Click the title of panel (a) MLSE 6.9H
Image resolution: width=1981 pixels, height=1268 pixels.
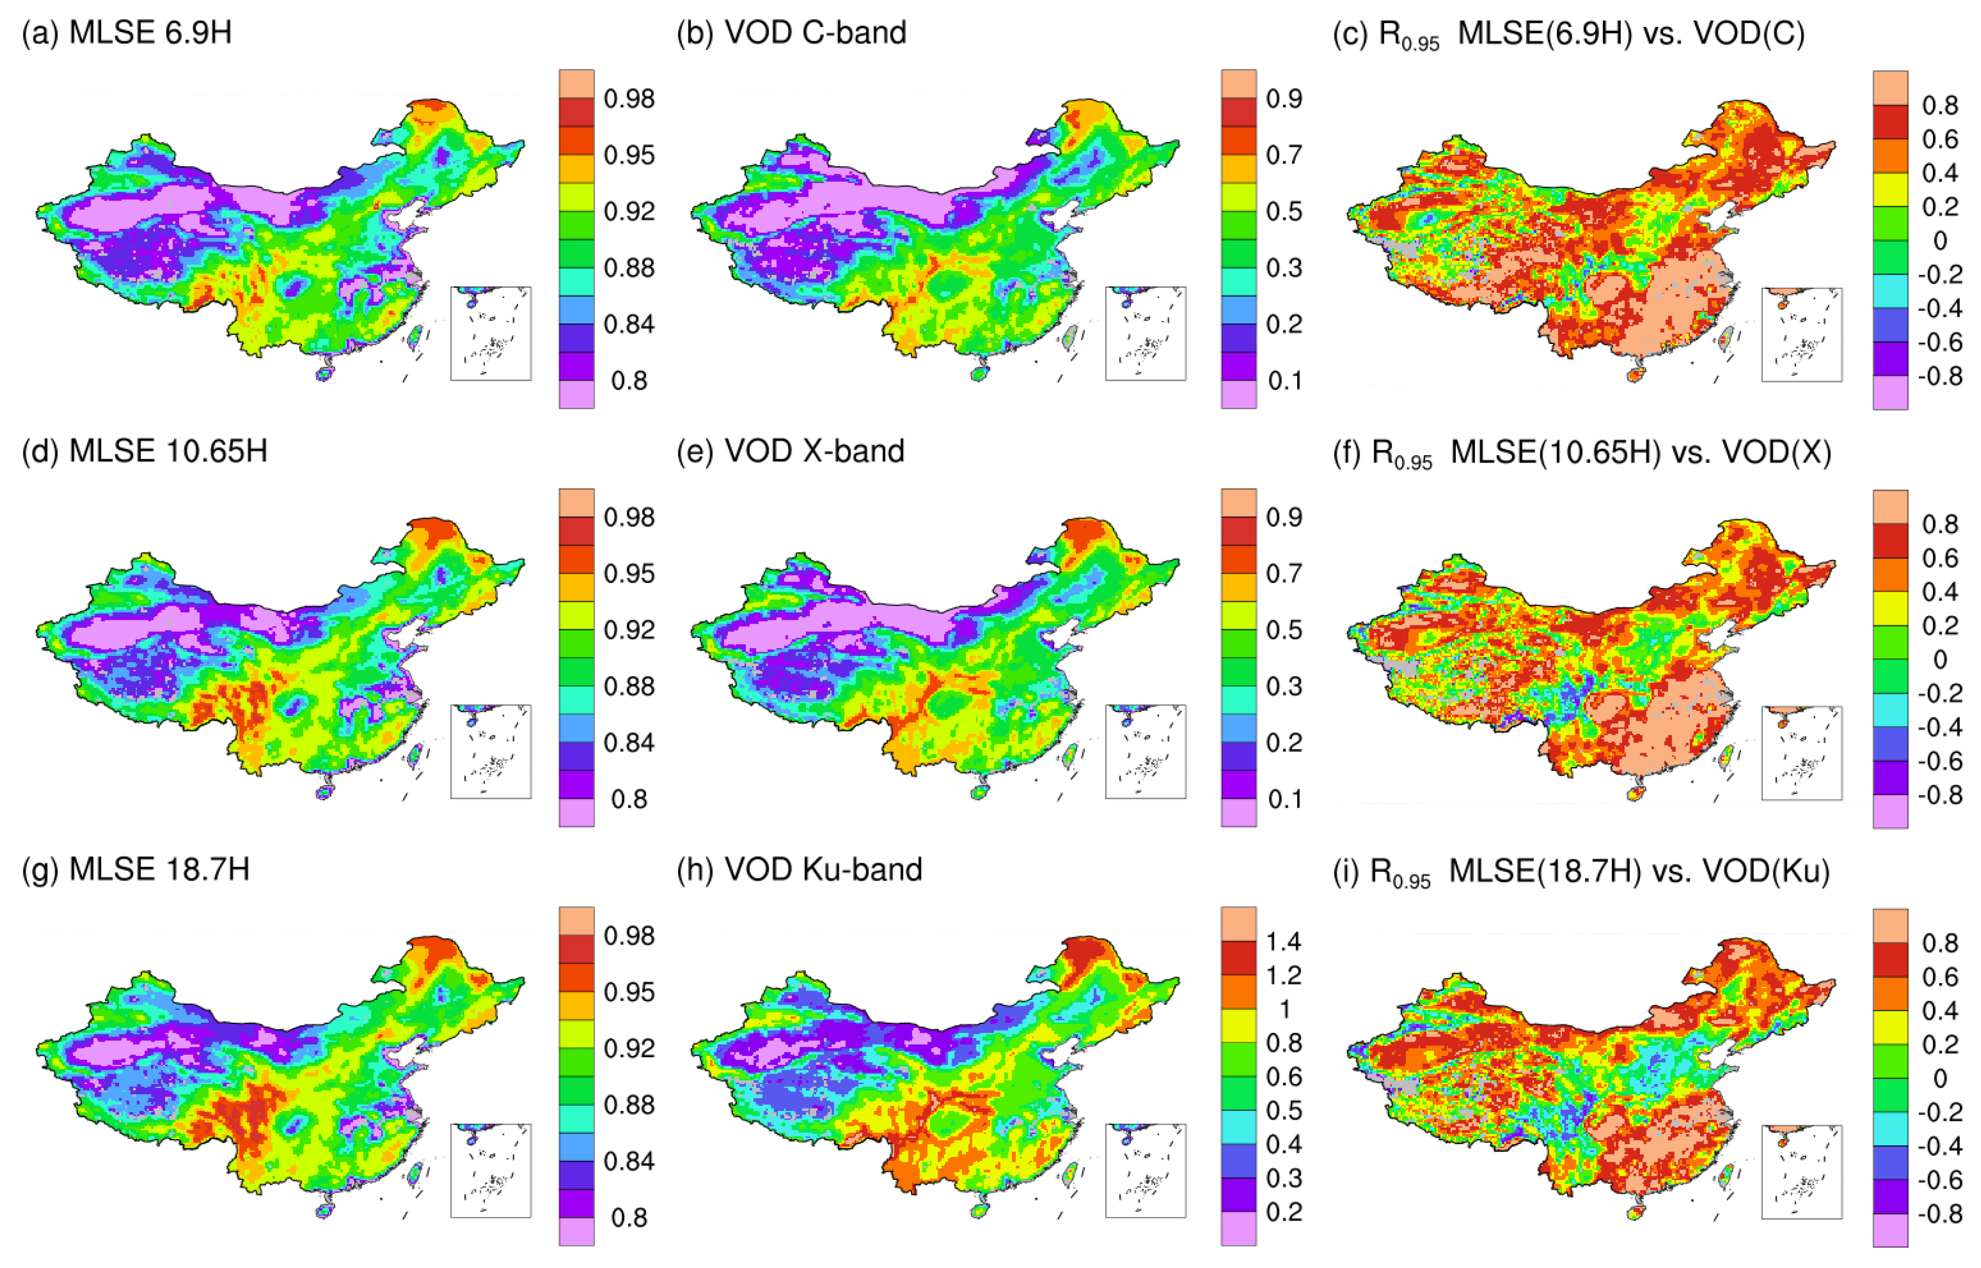point(126,33)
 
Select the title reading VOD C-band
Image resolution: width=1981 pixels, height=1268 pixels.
point(790,33)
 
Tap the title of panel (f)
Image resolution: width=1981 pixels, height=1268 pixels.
point(1581,453)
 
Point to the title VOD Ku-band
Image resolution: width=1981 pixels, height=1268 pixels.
point(798,870)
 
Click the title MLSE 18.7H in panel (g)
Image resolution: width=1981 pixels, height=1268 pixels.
point(135,870)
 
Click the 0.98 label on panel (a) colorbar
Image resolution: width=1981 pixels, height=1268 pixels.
point(629,99)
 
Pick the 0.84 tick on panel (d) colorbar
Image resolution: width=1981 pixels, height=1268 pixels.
point(629,743)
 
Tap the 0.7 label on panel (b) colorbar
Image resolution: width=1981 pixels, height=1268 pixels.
point(1283,155)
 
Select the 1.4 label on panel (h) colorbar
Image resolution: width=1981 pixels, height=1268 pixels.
point(1283,941)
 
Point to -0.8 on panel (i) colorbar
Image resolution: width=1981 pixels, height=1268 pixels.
point(1940,1214)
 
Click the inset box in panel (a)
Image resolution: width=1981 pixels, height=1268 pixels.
point(491,334)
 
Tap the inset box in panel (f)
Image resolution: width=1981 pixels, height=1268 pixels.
point(1802,753)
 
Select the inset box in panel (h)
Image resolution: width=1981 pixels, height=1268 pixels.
point(1145,1170)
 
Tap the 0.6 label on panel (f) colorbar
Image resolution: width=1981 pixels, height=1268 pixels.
point(1940,558)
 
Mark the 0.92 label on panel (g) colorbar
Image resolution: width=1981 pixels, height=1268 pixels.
point(629,1048)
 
